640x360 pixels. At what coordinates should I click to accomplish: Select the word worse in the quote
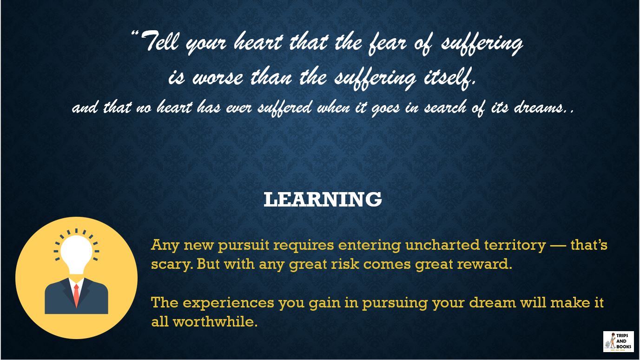217,77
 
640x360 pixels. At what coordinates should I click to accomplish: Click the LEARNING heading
323,200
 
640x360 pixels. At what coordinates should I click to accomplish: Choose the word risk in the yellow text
342,264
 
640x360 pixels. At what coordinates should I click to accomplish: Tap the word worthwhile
215,321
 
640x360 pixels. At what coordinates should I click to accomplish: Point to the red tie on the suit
76,294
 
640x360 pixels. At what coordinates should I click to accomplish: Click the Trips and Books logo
618,341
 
